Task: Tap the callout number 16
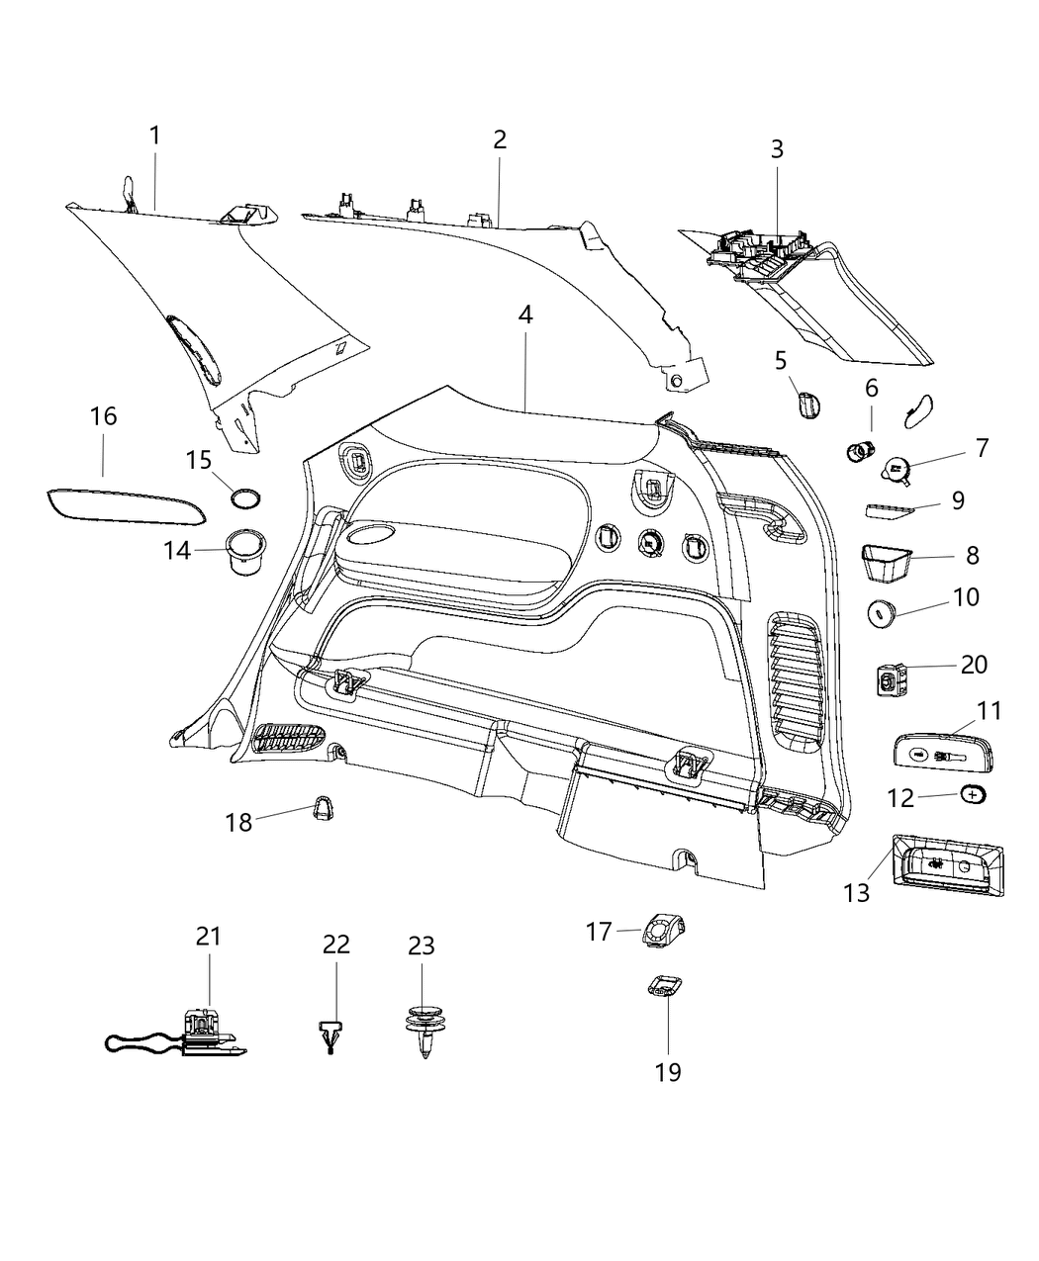104,416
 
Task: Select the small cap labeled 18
323,808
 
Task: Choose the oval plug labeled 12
973,793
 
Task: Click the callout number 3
778,149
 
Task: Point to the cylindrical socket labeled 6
859,451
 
